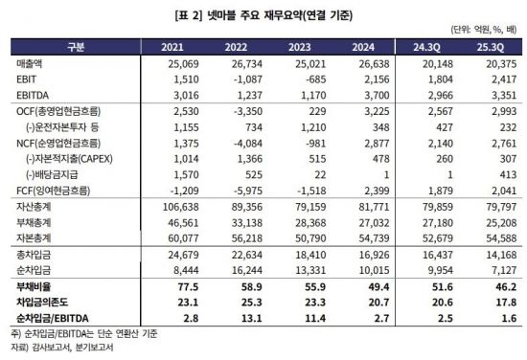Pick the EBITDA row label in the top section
(x=31, y=96)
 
